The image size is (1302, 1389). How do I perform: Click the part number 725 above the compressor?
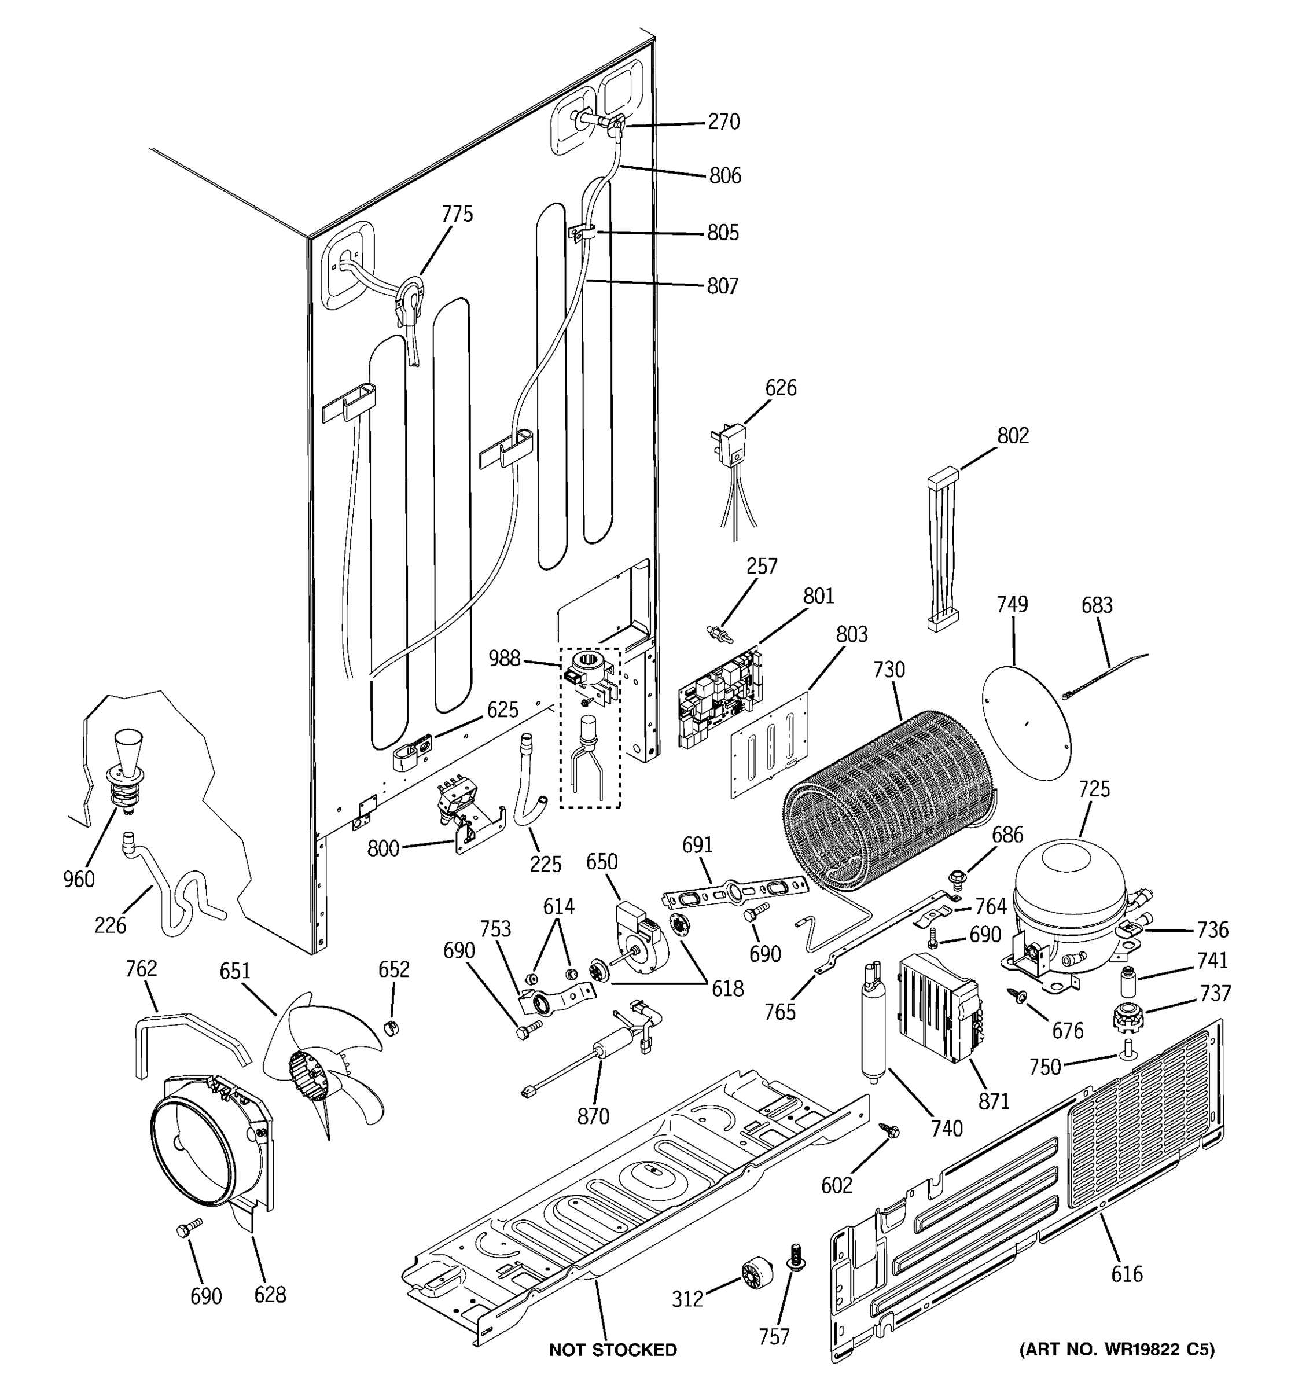click(x=1094, y=789)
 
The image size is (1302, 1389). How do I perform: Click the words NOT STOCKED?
click(x=612, y=1350)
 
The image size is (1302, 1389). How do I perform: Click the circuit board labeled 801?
click(x=719, y=699)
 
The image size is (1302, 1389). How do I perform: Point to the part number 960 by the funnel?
click(x=78, y=879)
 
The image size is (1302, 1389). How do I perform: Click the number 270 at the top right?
click(x=724, y=122)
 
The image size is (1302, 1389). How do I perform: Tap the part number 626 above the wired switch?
click(x=780, y=388)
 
